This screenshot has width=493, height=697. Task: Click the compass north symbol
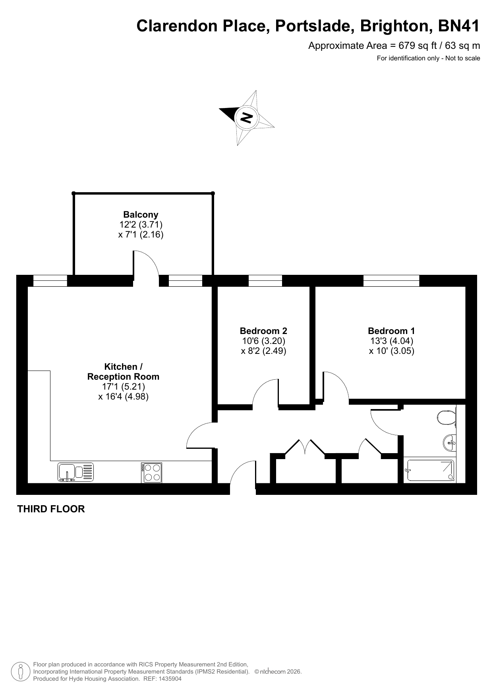247,118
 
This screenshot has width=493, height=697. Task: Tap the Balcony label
141,215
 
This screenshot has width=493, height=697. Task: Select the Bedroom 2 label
263,331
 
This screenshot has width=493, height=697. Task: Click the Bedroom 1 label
391,331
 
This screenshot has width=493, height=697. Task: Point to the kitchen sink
76,472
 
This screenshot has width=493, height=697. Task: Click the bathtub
429,471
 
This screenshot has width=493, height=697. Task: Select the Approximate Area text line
394,46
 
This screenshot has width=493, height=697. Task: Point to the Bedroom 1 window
391,280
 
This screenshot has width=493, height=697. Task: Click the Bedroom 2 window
265,280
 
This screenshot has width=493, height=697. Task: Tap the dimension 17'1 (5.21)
124,386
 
